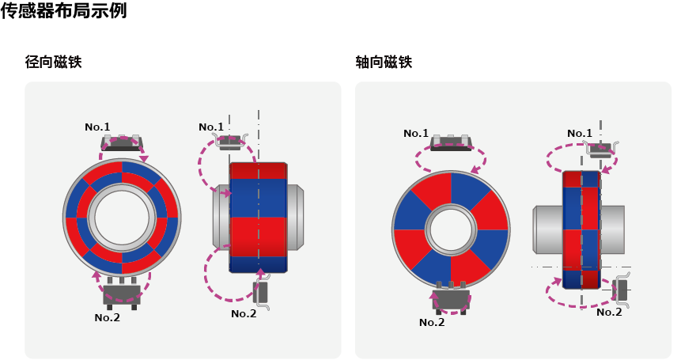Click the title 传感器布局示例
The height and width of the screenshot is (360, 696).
(63, 11)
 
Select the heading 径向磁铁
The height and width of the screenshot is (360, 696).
(53, 62)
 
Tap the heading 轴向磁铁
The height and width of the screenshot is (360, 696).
(384, 62)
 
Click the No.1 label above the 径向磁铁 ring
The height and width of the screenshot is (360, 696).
(97, 127)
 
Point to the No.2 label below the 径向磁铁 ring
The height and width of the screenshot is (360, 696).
(107, 317)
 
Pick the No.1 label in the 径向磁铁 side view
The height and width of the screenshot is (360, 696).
(211, 127)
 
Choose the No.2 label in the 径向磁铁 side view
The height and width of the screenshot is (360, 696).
(244, 313)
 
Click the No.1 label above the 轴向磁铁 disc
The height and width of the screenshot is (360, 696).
(416, 133)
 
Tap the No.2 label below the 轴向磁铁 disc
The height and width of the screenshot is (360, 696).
(432, 322)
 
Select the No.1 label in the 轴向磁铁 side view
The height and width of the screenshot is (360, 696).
(580, 133)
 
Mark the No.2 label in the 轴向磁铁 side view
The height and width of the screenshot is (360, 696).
(609, 312)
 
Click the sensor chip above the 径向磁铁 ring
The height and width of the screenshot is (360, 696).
(122, 143)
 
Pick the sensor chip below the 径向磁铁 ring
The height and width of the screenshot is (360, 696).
(122, 293)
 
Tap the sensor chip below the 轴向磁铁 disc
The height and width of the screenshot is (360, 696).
(451, 298)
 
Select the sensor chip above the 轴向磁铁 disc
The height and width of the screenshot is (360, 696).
(451, 143)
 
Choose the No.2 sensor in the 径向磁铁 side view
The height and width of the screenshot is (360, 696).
(261, 293)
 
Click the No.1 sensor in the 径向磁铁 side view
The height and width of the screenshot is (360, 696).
(230, 142)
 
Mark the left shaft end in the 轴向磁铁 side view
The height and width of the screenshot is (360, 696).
(547, 229)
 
